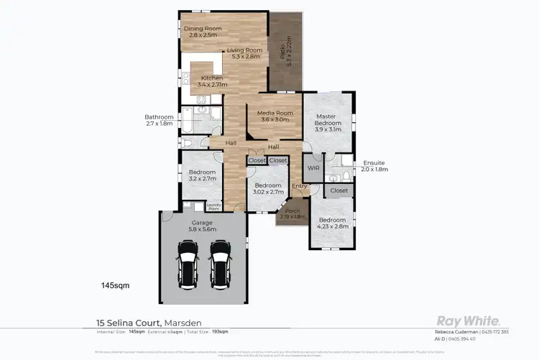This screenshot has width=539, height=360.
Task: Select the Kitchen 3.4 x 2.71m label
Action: pyautogui.click(x=211, y=81)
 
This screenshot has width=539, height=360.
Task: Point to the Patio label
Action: pyautogui.click(x=286, y=49)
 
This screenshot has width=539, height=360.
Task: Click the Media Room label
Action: pyautogui.click(x=274, y=116)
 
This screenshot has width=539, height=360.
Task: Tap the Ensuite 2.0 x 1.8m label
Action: pyautogui.click(x=374, y=166)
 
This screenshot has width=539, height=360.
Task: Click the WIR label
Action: pyautogui.click(x=313, y=167)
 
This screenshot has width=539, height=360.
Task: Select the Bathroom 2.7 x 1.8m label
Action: pyautogui.click(x=159, y=121)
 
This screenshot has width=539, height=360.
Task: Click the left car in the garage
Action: pyautogui.click(x=188, y=262)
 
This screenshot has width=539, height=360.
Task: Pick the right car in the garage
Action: pyautogui.click(x=221, y=262)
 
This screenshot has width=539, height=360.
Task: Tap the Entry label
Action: pyautogui.click(x=299, y=187)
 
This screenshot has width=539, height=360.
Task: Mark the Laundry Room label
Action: pyautogui.click(x=213, y=207)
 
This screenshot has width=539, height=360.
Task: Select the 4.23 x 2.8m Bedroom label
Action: pyautogui.click(x=333, y=223)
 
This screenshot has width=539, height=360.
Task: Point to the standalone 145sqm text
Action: pyautogui.click(x=116, y=285)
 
